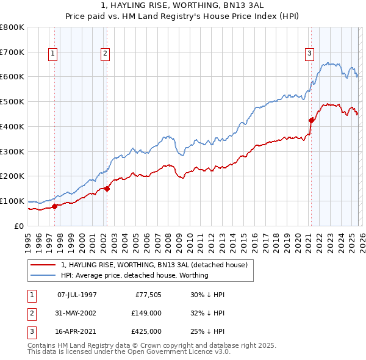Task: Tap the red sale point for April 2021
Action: point(311,120)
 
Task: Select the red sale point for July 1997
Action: point(54,206)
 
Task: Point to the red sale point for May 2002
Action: point(107,189)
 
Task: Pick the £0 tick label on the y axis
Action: point(19,226)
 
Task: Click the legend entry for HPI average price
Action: point(135,275)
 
